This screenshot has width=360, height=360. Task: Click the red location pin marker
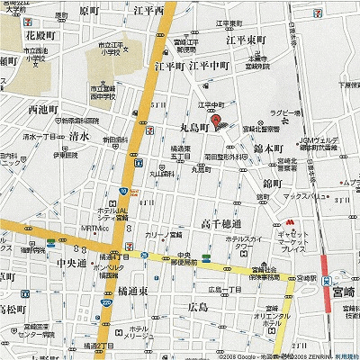click(215, 121)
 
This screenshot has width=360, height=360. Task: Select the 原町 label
click(89, 11)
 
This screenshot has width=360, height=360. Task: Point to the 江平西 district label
click(172, 11)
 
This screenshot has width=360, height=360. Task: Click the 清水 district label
click(78, 136)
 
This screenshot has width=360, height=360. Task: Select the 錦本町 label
click(268, 148)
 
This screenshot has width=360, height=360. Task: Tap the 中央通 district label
click(71, 264)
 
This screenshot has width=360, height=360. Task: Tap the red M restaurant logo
click(292, 220)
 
